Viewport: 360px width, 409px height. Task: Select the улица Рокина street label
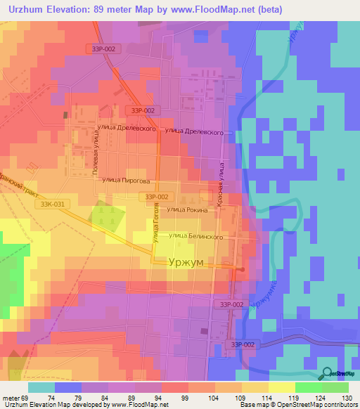pos(188,209)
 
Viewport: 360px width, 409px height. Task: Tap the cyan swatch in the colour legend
pos(41,387)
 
